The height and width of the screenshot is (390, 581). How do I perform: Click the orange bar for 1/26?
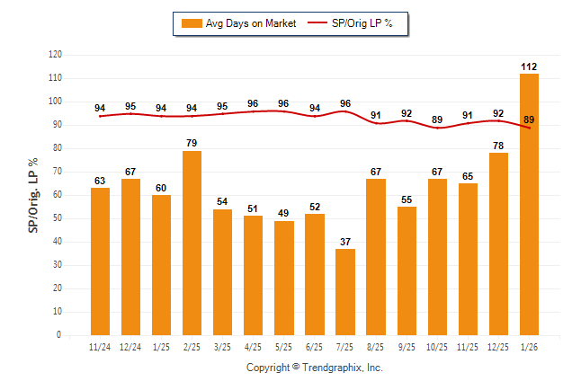point(529,204)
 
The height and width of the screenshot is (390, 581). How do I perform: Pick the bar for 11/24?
point(100,261)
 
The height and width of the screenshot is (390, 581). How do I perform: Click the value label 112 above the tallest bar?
point(529,66)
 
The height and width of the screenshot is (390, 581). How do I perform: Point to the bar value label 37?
point(345,242)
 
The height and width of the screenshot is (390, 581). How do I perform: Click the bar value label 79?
point(192,144)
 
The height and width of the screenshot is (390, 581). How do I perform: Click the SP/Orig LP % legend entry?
point(351,22)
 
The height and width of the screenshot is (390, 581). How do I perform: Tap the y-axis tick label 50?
point(57,218)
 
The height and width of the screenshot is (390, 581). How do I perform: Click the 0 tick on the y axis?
point(59,335)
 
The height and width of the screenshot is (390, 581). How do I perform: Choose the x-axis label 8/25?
point(376,347)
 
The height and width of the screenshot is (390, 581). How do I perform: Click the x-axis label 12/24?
point(130,347)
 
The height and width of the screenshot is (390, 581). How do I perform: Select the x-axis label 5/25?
point(284,347)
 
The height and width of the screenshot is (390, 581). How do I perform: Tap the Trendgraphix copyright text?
point(315,368)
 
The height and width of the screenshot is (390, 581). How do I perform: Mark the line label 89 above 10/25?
point(437,120)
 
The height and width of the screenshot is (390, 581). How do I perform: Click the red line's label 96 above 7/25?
point(345,103)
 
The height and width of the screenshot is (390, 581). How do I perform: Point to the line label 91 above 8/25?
point(376,115)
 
